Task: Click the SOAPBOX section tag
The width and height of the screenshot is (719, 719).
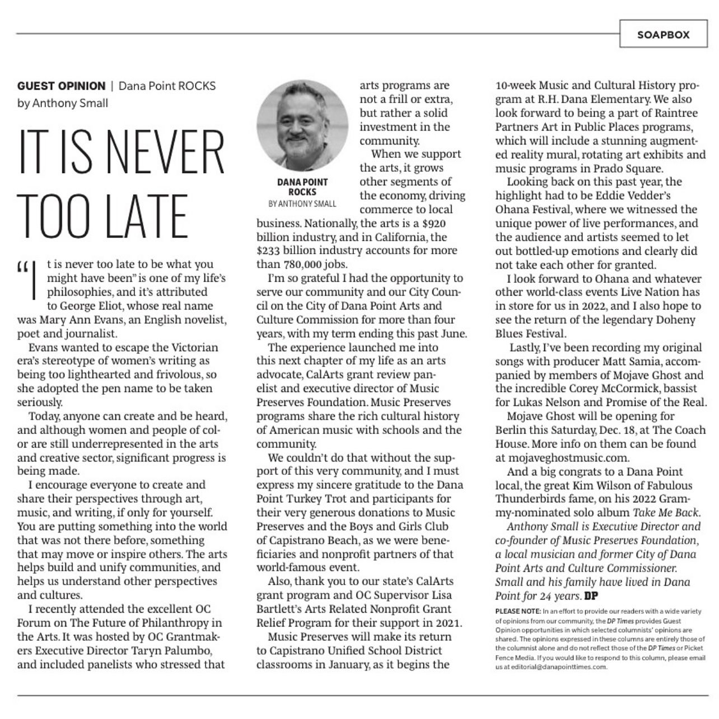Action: pyautogui.click(x=663, y=34)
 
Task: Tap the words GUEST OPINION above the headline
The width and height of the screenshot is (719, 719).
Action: pyautogui.click(x=61, y=86)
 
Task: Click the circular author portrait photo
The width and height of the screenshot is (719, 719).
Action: pyautogui.click(x=302, y=127)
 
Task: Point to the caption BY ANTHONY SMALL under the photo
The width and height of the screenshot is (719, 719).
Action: pyautogui.click(x=302, y=203)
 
